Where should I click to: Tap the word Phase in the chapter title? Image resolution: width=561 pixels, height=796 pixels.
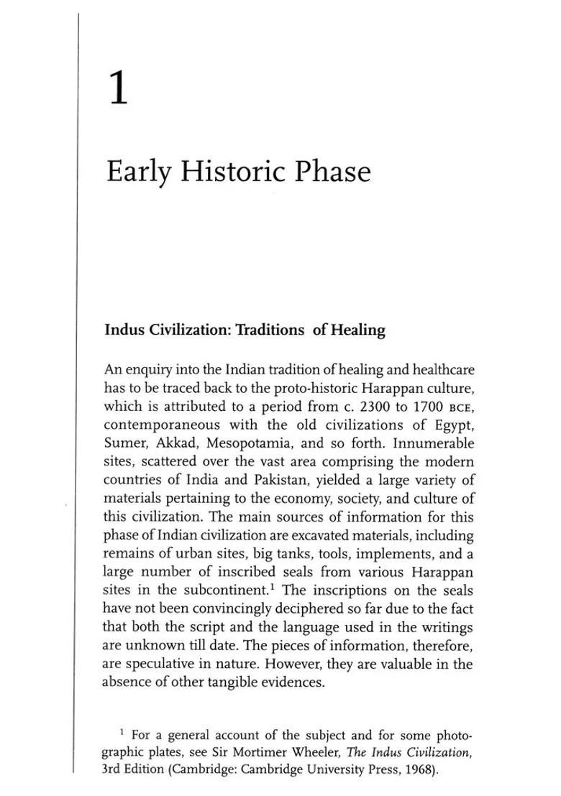[x=332, y=172]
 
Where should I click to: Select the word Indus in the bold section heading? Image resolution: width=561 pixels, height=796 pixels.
[x=124, y=330]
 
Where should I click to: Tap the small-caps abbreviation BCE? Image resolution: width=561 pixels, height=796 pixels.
[x=461, y=407]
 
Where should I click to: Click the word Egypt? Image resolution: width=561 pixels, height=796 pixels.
[x=455, y=425]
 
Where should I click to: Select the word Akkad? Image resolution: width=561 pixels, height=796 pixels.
[x=173, y=443]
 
